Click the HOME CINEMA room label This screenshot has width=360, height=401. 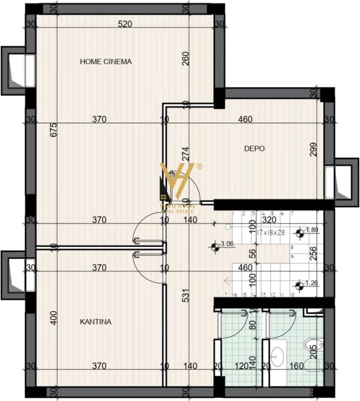tap(106, 62)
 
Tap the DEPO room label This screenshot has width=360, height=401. tap(255, 149)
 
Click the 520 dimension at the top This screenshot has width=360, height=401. tap(125, 24)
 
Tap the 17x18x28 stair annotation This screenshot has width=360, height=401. tap(270, 231)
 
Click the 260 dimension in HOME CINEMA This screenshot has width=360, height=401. tap(185, 62)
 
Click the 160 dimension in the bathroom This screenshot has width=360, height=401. tap(296, 366)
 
